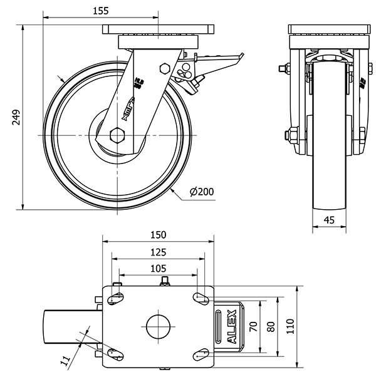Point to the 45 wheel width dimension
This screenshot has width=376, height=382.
click(328, 220)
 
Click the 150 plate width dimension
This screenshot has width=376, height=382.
click(159, 235)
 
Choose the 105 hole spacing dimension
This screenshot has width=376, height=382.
click(159, 269)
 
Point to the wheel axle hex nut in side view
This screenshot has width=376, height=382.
click(117, 134)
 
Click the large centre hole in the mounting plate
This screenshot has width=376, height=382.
click(159, 326)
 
